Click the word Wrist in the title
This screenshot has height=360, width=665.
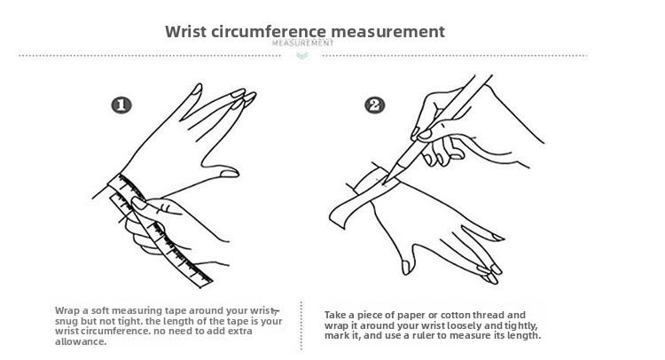pyautogui.click(x=186, y=32)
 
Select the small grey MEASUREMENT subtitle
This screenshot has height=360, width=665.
pyautogui.click(x=303, y=43)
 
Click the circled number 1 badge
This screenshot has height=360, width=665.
pyautogui.click(x=121, y=106)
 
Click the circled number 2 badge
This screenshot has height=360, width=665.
pyautogui.click(x=375, y=106)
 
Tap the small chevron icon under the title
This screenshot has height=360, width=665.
pyautogui.click(x=302, y=56)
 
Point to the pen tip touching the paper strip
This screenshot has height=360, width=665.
pyautogui.click(x=385, y=183)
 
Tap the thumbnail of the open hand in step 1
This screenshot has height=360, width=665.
pyautogui.click(x=230, y=174)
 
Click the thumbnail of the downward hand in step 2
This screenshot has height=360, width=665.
pyautogui.click(x=406, y=267)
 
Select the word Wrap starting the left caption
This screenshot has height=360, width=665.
pyautogui.click(x=67, y=311)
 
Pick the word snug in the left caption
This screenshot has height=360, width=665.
pyautogui.click(x=66, y=321)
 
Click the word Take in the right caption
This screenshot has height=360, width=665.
pyautogui.click(x=335, y=315)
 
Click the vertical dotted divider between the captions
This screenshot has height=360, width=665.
pyautogui.click(x=301, y=325)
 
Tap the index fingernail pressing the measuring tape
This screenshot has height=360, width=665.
pyautogui.click(x=139, y=203)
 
